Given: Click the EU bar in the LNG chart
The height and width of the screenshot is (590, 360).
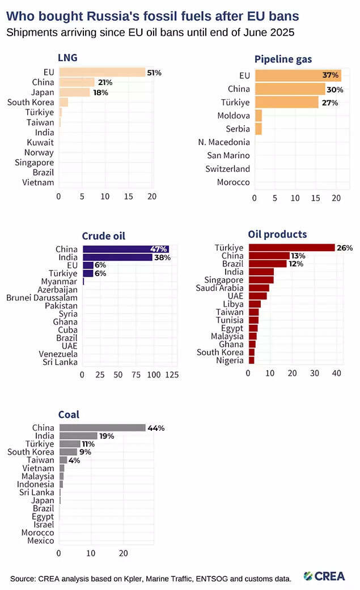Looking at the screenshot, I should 102,72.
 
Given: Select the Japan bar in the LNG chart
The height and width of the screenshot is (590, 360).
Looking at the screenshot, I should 74,92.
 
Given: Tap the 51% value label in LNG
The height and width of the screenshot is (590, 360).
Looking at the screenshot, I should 155,73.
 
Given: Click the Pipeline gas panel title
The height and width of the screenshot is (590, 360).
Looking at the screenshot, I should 283,59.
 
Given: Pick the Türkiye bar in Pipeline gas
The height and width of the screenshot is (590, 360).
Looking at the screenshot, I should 286,103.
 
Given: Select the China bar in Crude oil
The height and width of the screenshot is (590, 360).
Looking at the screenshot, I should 125,249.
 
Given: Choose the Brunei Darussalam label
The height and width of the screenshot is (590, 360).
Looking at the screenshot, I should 42,297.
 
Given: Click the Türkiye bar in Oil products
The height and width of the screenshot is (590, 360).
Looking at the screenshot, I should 291,248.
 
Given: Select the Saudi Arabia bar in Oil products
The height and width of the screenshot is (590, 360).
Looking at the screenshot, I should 259,288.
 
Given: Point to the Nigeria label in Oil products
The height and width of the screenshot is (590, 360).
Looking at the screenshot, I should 230,360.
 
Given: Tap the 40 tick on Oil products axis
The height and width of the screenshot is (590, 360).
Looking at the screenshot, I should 336,372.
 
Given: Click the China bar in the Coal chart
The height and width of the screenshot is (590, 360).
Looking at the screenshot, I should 102,428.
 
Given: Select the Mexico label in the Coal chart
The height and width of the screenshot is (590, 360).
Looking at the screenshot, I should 41,541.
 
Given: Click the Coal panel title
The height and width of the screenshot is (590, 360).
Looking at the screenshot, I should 69,414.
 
